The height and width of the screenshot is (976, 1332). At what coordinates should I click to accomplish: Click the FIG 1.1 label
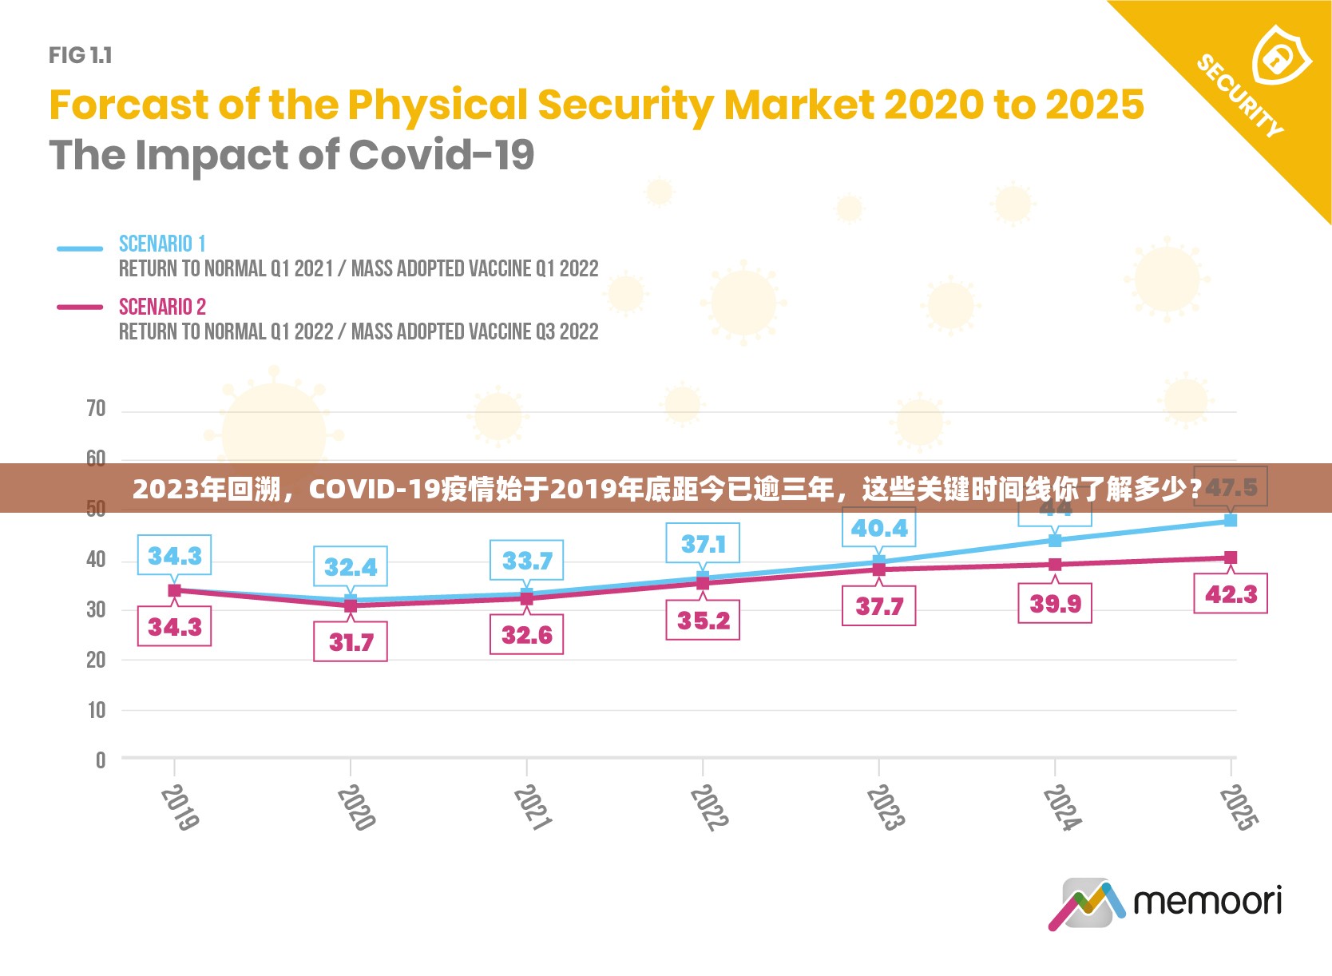tap(80, 55)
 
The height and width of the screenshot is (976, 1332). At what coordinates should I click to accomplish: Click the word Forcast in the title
tap(128, 105)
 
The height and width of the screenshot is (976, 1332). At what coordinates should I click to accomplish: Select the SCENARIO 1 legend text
tap(162, 244)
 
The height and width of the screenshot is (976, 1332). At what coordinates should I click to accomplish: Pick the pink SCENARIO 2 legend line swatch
tap(80, 307)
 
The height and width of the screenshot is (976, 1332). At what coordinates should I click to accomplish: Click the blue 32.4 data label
tap(351, 567)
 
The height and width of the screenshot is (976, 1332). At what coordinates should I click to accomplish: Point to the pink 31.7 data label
tap(351, 642)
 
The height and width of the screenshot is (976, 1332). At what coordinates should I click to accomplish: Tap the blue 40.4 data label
tap(878, 528)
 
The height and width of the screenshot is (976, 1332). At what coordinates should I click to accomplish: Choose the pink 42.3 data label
tap(1231, 594)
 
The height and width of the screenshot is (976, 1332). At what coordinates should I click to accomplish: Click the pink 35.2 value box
tap(703, 621)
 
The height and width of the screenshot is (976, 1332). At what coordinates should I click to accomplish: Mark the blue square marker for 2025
tap(1231, 521)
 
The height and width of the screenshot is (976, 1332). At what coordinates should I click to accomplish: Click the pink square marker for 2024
tap(1055, 565)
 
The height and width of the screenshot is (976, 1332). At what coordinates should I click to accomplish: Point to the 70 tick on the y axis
tap(96, 409)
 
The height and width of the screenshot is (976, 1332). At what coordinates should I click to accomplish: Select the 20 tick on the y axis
tap(96, 660)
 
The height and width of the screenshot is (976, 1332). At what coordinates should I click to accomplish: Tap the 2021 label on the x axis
tap(532, 807)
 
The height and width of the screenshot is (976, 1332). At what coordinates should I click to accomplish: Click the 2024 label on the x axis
tap(1062, 807)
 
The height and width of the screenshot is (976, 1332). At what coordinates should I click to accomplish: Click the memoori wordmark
tap(1207, 902)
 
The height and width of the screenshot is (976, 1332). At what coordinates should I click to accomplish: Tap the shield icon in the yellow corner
tap(1281, 56)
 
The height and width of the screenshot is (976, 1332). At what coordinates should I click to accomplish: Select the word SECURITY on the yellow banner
tap(1239, 96)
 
